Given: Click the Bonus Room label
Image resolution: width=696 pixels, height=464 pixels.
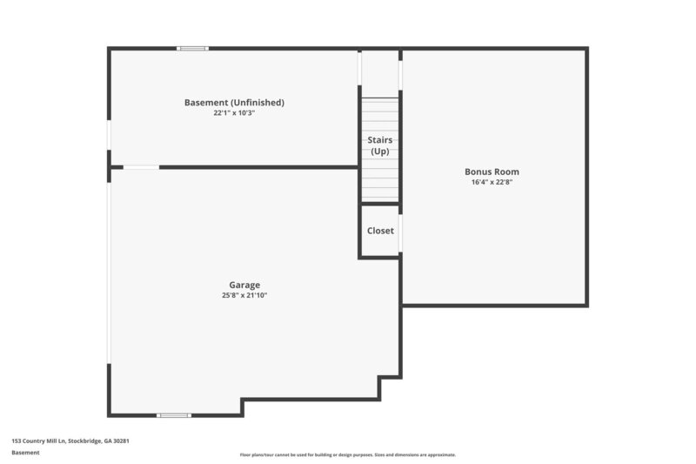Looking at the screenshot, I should point(492,171).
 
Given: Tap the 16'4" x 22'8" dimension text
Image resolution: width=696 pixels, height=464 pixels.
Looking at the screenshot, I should point(492,183).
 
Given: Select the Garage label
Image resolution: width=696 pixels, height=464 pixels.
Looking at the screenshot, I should point(244,285).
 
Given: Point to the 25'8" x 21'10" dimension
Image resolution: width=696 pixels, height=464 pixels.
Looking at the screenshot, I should point(244,296).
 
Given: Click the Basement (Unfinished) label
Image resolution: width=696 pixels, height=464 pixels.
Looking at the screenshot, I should point(234,102).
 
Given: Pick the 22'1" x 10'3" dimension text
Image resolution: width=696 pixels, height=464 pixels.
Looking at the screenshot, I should point(234,113).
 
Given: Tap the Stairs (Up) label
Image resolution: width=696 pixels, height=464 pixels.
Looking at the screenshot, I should point(380,145).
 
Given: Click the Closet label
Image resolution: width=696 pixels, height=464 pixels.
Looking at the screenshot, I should point(380,231).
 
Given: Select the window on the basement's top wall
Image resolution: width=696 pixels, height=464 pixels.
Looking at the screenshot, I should point(192,48).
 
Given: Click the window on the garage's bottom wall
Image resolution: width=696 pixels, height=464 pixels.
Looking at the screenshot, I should point(174,415).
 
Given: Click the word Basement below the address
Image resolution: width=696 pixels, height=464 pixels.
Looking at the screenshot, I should point(25,453).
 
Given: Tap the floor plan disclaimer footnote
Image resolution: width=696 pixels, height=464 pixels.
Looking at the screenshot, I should point(347,454).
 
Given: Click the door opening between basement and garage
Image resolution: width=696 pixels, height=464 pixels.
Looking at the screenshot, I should point(141,166).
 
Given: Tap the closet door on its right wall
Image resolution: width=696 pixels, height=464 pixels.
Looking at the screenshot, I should point(400,232).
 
